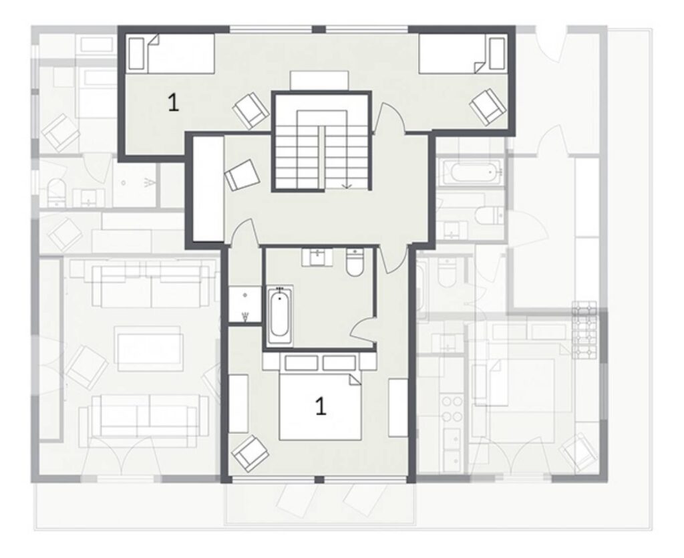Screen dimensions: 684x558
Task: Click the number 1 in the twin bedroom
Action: [173, 103]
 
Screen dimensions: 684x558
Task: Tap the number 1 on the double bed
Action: [321, 406]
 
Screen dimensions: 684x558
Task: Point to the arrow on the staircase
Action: [347, 184]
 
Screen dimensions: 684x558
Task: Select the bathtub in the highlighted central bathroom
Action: [280, 315]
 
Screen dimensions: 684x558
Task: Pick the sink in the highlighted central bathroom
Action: [317, 257]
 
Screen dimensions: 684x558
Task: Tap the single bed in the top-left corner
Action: [172, 53]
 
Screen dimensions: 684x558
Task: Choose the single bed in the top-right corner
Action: [463, 53]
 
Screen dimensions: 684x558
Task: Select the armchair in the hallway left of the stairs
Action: [242, 174]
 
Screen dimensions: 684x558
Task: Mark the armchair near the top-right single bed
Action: [488, 107]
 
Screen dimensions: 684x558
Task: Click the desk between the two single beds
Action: [319, 81]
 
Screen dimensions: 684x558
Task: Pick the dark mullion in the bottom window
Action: [319, 480]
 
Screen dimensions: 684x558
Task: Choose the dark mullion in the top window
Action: [319, 29]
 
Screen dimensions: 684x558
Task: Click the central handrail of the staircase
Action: [321, 158]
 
